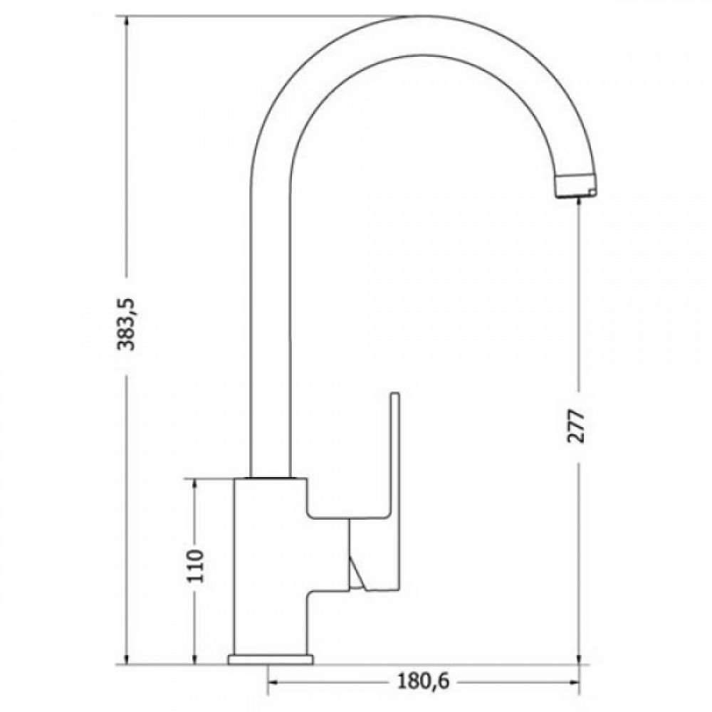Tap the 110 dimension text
point(197,566)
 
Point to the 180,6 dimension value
point(423,681)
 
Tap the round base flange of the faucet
point(271,660)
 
